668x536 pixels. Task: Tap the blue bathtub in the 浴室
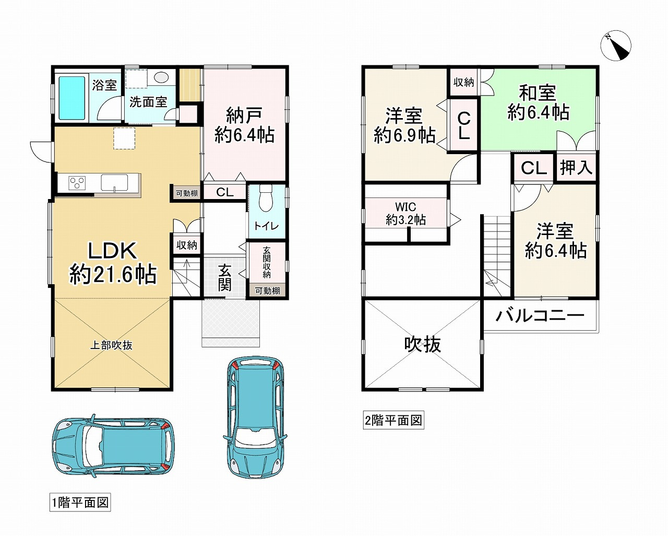[x=71, y=97]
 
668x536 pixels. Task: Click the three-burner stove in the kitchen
[x=77, y=183]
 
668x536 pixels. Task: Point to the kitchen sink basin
[x=114, y=183]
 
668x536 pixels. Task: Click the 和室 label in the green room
[x=538, y=92]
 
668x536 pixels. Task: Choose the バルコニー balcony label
[x=540, y=316]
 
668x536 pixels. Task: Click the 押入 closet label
[x=576, y=168]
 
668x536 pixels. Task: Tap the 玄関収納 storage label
[x=267, y=263]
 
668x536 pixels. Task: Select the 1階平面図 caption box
[x=80, y=503]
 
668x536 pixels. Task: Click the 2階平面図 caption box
[x=393, y=421]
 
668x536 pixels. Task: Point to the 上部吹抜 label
[x=111, y=345]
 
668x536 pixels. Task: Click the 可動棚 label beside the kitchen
[x=187, y=193]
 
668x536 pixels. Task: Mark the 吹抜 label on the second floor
[x=423, y=344]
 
